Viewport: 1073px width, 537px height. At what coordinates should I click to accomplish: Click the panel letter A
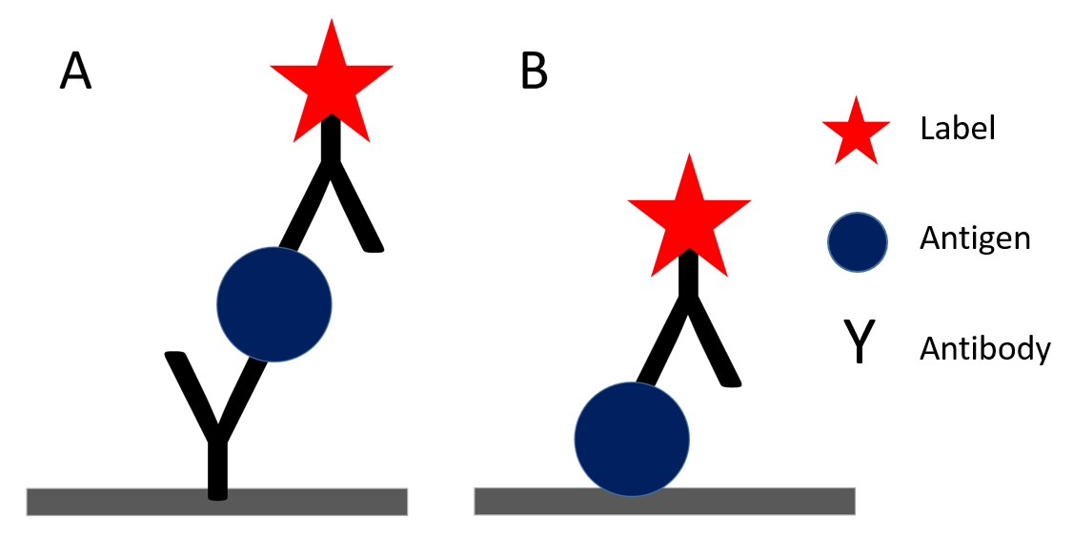pos(76,72)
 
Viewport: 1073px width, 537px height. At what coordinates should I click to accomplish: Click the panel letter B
pos(535,72)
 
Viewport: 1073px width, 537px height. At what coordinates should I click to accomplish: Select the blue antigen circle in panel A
pos(274,304)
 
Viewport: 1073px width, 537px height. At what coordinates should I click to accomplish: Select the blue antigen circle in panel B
pos(631,439)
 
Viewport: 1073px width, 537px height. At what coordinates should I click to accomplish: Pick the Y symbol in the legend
pos(859,343)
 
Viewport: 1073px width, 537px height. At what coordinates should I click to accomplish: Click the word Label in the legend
pos(957,129)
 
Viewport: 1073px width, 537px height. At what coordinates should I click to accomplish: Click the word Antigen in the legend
pos(975,238)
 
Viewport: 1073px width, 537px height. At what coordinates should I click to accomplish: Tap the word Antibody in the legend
pos(984,349)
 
